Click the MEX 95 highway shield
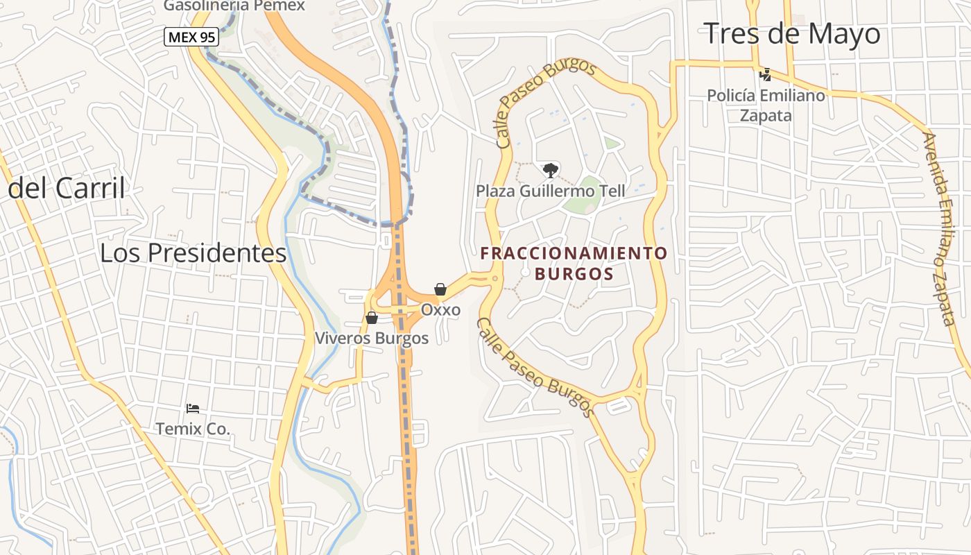click(x=191, y=37)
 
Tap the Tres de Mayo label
click(x=792, y=33)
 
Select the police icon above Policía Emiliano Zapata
click(x=766, y=74)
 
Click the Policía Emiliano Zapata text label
click(x=766, y=105)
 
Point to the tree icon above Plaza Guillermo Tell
click(x=550, y=169)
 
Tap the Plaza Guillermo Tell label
click(x=550, y=191)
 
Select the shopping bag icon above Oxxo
click(x=440, y=289)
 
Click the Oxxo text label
click(x=440, y=309)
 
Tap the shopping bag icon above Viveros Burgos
click(x=372, y=318)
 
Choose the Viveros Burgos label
click(x=372, y=339)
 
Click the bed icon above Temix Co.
click(x=193, y=409)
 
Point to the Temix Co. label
click(x=193, y=429)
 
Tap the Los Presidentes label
click(x=193, y=253)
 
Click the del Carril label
click(x=67, y=188)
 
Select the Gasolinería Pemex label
click(x=234, y=6)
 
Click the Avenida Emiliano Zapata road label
click(x=940, y=229)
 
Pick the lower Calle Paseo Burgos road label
click(x=535, y=368)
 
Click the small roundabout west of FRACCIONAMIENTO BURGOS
click(x=495, y=279)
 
